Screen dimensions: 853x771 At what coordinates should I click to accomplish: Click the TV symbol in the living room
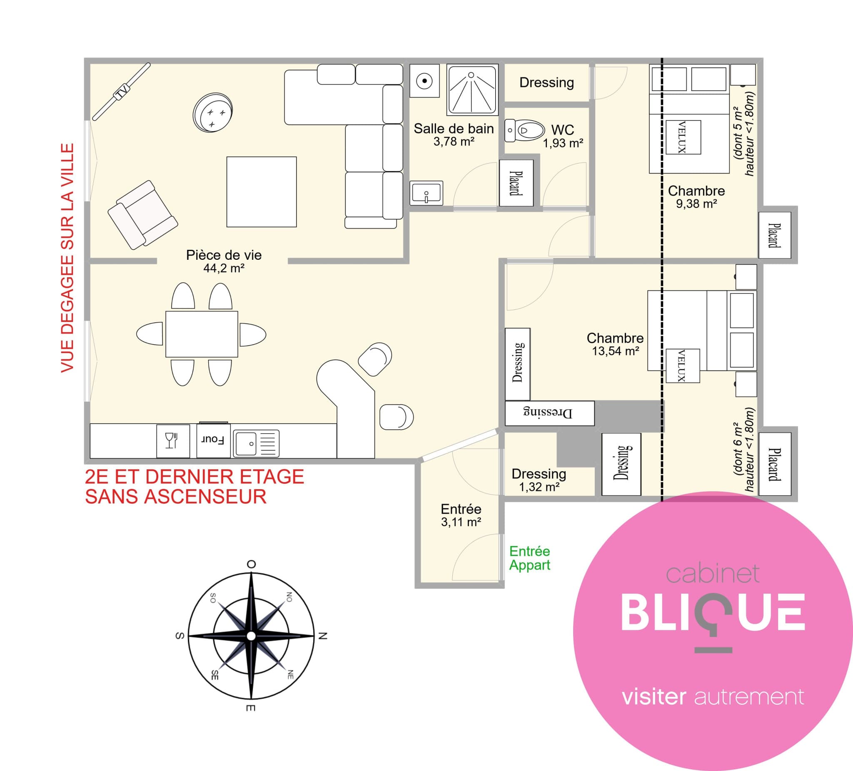click(x=122, y=91)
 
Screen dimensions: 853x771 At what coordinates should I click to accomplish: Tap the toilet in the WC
click(x=524, y=130)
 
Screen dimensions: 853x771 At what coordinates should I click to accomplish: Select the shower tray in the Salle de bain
click(x=472, y=90)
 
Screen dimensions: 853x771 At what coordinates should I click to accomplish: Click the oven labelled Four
click(x=213, y=440)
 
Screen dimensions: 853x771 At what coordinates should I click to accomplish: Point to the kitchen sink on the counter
click(x=257, y=443)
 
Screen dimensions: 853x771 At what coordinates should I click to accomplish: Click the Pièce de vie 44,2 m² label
click(x=224, y=261)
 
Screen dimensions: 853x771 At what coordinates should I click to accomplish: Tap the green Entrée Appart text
click(x=529, y=558)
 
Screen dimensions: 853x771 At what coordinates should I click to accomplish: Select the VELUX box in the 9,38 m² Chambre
click(x=683, y=137)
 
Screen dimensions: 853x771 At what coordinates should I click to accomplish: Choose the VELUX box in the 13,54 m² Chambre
click(x=683, y=366)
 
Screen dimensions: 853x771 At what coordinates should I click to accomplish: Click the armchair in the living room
click(x=142, y=214)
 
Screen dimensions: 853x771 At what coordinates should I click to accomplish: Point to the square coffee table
click(x=262, y=192)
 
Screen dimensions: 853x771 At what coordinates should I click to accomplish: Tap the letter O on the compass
click(x=251, y=564)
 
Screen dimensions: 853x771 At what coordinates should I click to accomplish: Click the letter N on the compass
click(x=323, y=636)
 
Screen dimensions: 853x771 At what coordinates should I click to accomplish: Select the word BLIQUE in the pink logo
click(x=713, y=612)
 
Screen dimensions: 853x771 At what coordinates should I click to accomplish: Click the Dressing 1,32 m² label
click(x=539, y=480)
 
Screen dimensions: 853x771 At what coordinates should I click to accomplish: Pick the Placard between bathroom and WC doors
click(x=516, y=183)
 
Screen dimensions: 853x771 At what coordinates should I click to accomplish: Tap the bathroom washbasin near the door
click(x=426, y=193)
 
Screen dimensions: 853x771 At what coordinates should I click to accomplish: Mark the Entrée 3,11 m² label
click(x=461, y=515)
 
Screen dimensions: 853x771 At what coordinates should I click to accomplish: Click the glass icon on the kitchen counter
click(x=172, y=440)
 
